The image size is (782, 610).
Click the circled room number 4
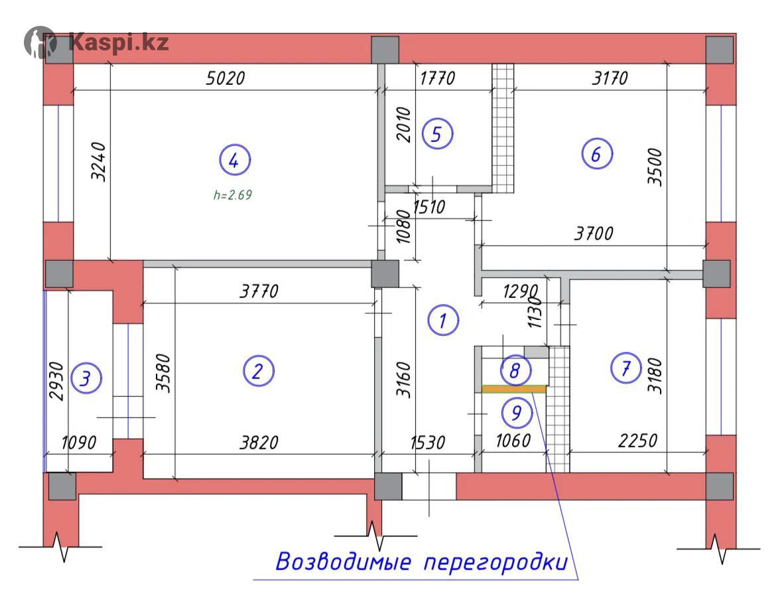[x=235, y=160]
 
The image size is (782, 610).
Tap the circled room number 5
[x=437, y=134]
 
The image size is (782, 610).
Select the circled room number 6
[x=597, y=154]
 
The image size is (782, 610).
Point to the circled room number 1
[x=443, y=320]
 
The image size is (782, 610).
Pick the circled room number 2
[x=258, y=371]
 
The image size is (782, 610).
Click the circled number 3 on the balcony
[x=86, y=378]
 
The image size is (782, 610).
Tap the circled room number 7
[x=626, y=368]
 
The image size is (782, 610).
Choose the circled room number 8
[x=515, y=370]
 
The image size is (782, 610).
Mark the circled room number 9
[x=517, y=412]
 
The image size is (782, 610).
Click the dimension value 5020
[x=226, y=78]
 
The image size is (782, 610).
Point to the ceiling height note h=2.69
[x=233, y=194]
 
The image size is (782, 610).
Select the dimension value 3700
[x=594, y=233]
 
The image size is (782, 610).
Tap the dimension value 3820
[x=259, y=442]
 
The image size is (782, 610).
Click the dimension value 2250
[x=638, y=440]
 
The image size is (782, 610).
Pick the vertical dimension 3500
[x=655, y=167]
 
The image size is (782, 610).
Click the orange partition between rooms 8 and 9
[x=514, y=389]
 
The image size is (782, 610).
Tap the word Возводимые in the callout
[x=344, y=562]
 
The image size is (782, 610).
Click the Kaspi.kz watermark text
[x=119, y=42]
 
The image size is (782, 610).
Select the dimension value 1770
[x=437, y=78]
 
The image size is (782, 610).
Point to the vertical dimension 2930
[x=56, y=381]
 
